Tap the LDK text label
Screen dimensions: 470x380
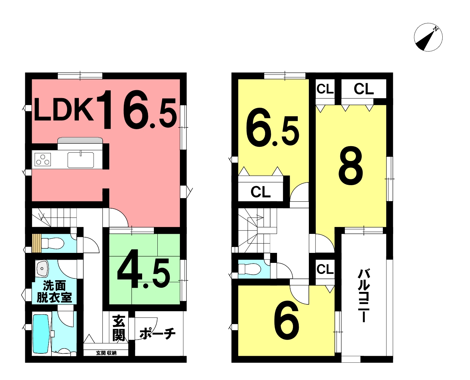64,110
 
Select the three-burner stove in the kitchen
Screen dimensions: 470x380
43,159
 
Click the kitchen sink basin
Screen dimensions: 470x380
81,160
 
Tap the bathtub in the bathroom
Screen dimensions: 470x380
41,334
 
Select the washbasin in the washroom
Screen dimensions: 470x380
42,269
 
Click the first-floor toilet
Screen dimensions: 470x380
53,244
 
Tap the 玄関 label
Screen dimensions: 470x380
119,329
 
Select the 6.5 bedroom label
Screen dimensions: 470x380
273,127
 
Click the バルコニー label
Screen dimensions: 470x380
363,296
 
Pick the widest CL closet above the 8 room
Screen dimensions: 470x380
363,89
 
